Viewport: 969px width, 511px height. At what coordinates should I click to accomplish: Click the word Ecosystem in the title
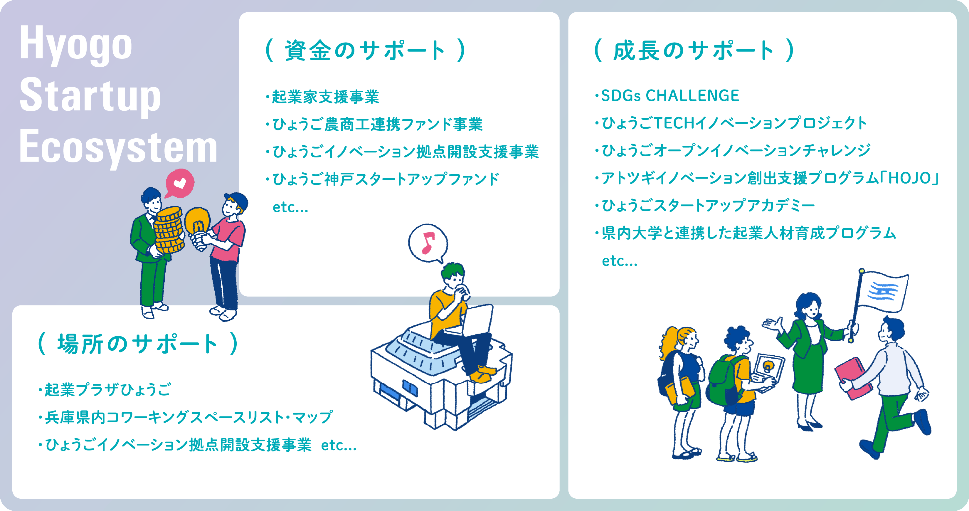(118, 147)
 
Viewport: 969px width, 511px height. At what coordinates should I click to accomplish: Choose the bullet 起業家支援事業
(325, 97)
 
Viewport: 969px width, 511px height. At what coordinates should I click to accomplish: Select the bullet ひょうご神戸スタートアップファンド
(386, 179)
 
